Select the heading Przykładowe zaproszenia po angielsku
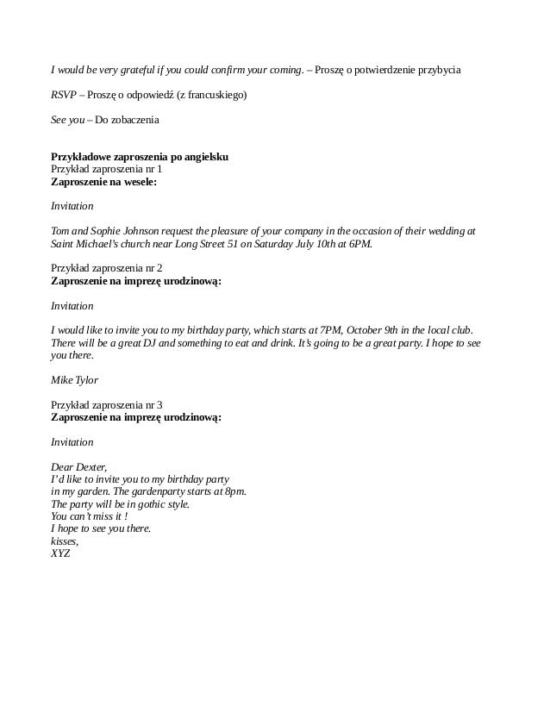pos(140,157)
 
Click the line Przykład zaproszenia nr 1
pos(107,170)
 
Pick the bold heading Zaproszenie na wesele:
pos(105,183)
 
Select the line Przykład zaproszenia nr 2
pos(107,268)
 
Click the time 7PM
pos(332,330)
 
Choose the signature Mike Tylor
pos(75,379)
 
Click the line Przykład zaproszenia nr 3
pos(107,404)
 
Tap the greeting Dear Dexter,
pos(78,466)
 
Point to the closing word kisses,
pos(65,541)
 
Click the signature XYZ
pos(60,553)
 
